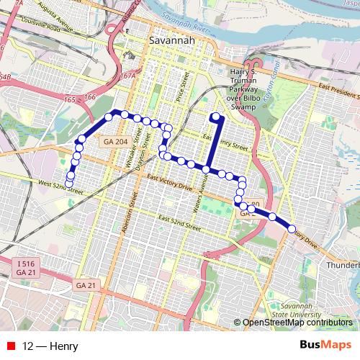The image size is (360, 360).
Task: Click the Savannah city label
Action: pyautogui.click(x=171, y=42)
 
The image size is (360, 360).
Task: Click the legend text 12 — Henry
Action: pyautogui.click(x=50, y=346)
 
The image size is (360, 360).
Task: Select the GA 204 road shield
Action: pyautogui.click(x=112, y=142)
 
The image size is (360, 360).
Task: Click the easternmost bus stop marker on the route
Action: pyautogui.click(x=292, y=229)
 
